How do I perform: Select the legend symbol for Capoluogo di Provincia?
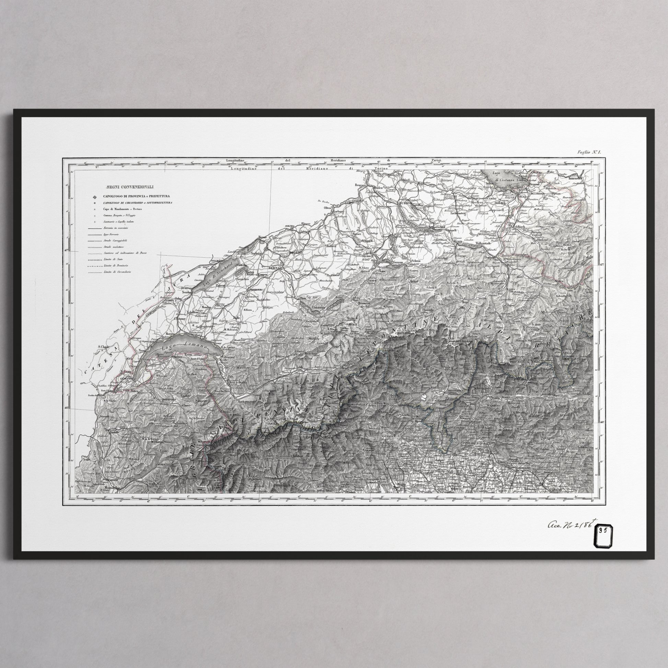[x=93, y=196]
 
